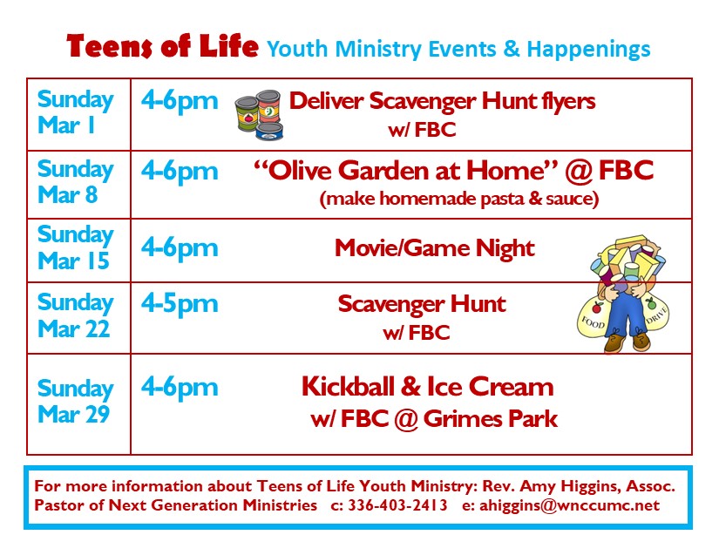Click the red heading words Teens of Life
(162, 46)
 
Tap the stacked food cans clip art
(258, 115)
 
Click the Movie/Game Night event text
(434, 249)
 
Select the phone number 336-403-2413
(397, 505)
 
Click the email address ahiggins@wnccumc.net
(569, 505)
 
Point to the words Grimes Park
(490, 419)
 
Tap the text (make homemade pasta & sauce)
(459, 199)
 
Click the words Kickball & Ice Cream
(427, 386)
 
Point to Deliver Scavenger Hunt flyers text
(442, 101)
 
